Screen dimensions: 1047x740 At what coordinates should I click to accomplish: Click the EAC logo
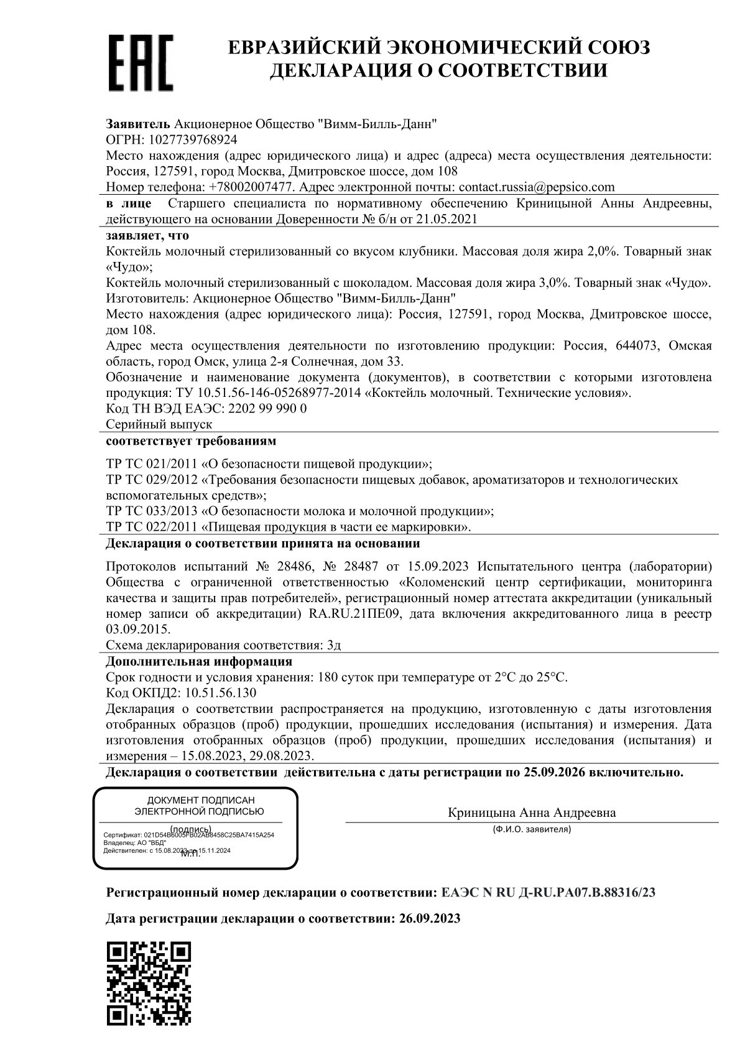point(141,63)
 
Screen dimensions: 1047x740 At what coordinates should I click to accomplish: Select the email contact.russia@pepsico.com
point(536,187)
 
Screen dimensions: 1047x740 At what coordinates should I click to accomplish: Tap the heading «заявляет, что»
point(147,236)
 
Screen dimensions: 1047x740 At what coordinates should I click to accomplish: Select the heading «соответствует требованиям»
point(191,441)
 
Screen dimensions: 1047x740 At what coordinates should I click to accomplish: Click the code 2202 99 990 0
point(268,409)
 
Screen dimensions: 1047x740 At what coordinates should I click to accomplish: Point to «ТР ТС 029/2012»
point(151,480)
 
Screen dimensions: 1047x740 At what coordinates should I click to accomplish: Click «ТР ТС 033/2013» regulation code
point(151,511)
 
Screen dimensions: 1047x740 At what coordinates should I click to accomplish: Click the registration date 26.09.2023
point(428,918)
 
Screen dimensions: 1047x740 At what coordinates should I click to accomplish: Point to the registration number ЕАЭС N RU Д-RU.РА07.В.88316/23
point(548,893)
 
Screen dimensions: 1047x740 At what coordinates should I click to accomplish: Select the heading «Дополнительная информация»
point(199,661)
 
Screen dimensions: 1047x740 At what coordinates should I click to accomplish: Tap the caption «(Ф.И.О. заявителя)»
point(531,829)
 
